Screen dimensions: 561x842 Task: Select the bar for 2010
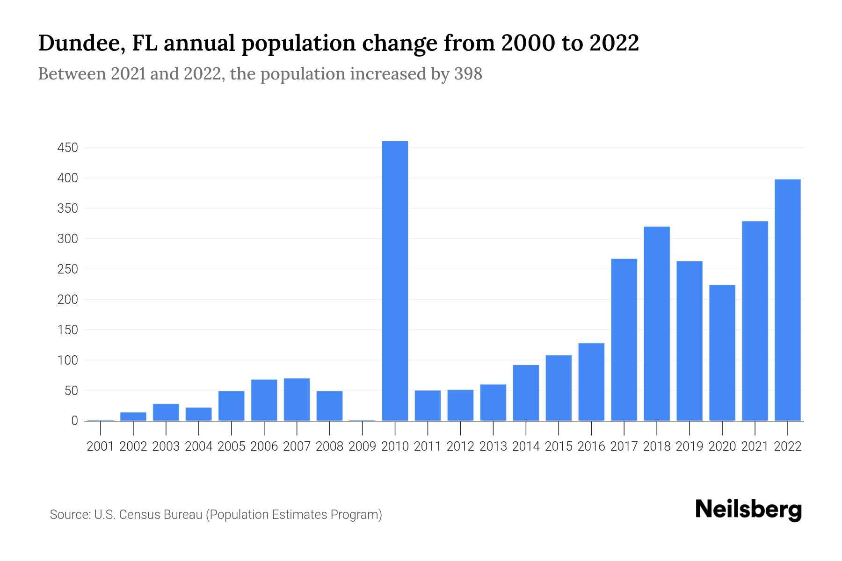coord(395,280)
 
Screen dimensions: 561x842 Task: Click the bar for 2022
coord(788,300)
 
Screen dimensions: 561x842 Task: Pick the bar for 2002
coord(133,416)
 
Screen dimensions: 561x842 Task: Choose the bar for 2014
coord(526,393)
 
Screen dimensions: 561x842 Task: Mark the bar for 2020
coord(722,352)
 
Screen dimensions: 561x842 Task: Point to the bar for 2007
coord(297,399)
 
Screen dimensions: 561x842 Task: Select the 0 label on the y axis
coord(74,421)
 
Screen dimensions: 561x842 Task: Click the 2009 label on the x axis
coord(362,446)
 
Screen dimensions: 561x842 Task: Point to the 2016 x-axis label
coord(591,446)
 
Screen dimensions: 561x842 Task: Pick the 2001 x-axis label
coord(101,446)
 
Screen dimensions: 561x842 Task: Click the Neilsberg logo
coord(748,510)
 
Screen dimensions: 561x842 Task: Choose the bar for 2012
coord(460,405)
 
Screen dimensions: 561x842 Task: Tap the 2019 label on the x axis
coord(690,446)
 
